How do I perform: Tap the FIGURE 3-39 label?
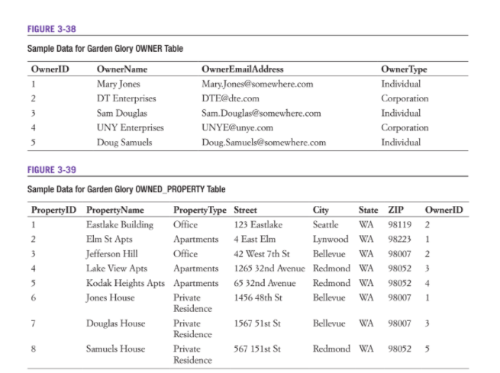pos(47,170)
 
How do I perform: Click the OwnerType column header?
pos(404,69)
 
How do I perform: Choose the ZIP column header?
pos(395,210)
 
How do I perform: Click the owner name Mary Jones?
pos(119,84)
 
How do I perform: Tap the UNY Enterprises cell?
pos(130,127)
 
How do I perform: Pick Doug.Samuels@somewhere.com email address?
pos(263,142)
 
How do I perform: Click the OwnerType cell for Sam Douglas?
pos(401,113)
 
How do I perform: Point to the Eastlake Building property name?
pos(120,225)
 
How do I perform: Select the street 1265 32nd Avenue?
pos(269,268)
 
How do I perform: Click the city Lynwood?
pos(331,240)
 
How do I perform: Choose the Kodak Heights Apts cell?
pos(125,283)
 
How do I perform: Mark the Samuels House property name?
pos(115,349)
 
